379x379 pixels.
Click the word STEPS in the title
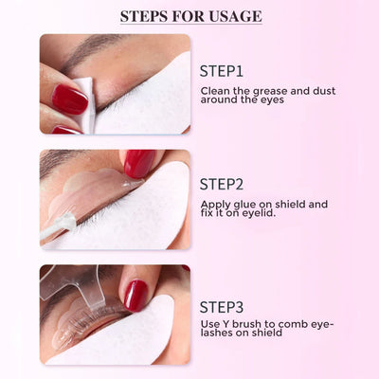tap(146, 16)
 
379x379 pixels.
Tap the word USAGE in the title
tap(235, 16)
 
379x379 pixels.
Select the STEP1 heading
tap(222, 70)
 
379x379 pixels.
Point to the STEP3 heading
tap(223, 306)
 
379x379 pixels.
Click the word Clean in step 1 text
tap(213, 91)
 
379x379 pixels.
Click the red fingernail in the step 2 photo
tap(139, 162)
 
